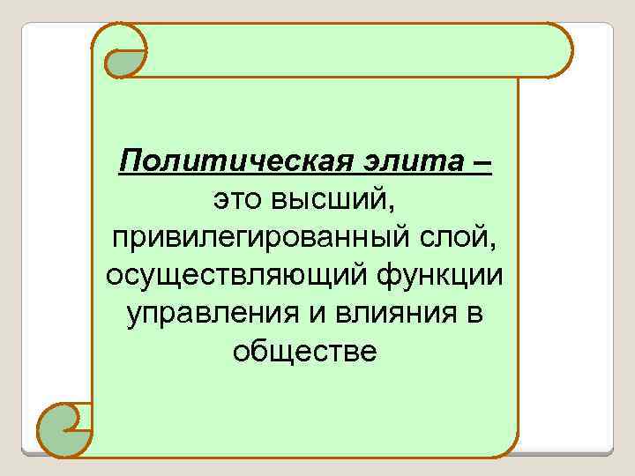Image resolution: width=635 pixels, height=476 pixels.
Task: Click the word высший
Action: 332,200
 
